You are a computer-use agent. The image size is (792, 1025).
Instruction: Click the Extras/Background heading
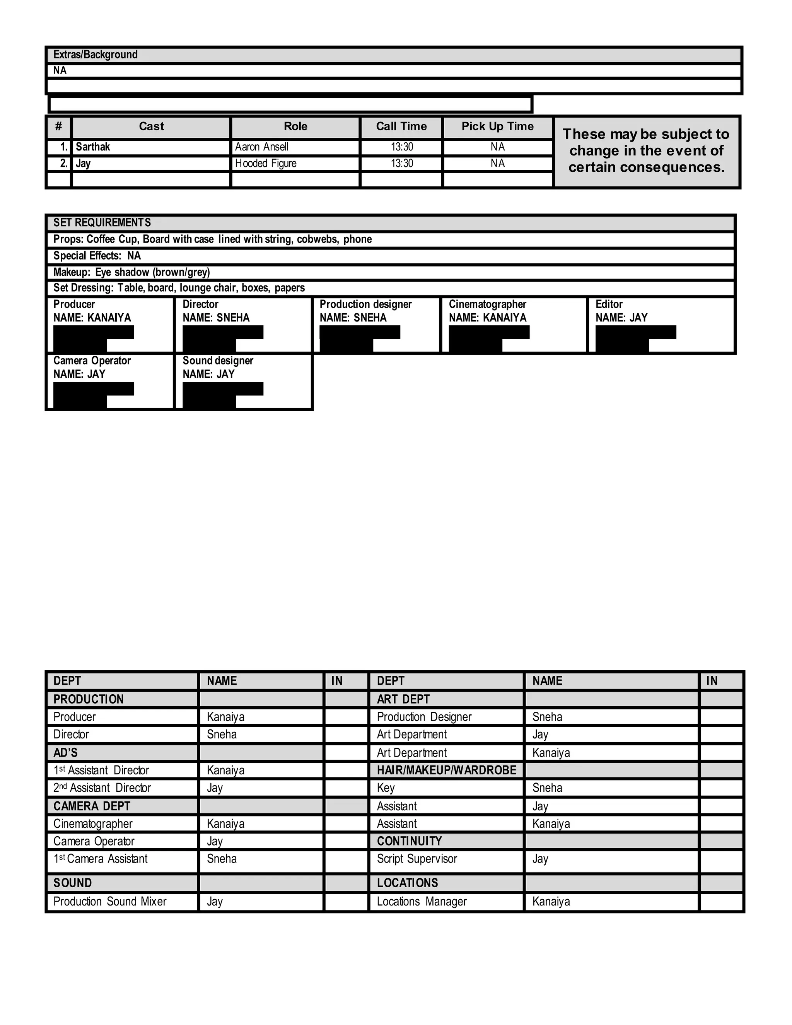click(x=95, y=55)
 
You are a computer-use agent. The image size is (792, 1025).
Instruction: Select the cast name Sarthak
click(x=93, y=147)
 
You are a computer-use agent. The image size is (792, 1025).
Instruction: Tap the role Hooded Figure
click(x=266, y=163)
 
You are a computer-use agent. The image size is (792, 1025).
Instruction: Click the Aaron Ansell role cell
click(x=262, y=147)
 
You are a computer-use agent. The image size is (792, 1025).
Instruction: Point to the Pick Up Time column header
click(x=497, y=126)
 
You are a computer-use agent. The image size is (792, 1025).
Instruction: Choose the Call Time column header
click(x=401, y=126)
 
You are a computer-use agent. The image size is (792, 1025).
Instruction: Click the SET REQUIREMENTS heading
click(x=102, y=222)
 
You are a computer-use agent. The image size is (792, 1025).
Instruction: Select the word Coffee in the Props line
click(x=101, y=239)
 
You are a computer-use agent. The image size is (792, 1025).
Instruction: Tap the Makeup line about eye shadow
click(x=131, y=272)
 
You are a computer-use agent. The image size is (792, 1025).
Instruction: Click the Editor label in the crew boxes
click(x=609, y=304)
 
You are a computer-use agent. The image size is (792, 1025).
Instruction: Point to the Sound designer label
click(x=218, y=360)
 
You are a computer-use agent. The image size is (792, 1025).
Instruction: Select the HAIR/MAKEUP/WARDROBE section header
click(x=446, y=770)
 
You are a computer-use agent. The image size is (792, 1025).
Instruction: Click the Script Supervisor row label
click(x=416, y=859)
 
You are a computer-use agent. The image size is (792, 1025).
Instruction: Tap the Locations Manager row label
click(x=422, y=902)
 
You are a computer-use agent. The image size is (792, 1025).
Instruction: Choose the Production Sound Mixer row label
click(x=110, y=902)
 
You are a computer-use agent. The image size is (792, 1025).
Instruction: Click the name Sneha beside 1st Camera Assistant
click(x=222, y=859)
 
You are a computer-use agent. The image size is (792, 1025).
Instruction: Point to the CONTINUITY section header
click(x=409, y=841)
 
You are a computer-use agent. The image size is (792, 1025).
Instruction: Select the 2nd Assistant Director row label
click(x=102, y=788)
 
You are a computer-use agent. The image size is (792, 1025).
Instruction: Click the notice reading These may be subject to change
click(x=646, y=150)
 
